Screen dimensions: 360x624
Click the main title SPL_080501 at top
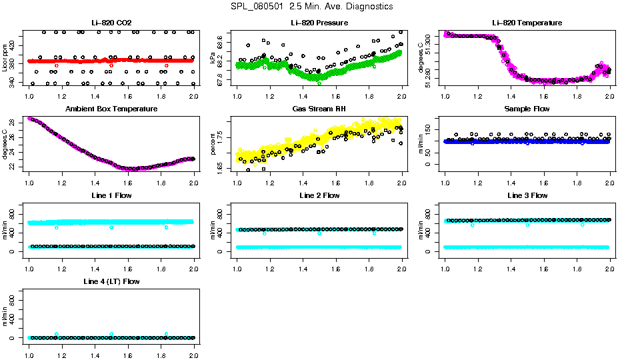[x=311, y=7]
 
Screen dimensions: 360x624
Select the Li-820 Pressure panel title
[x=319, y=23]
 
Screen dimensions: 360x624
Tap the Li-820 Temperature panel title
[x=527, y=23]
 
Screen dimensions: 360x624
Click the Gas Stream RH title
[x=319, y=109]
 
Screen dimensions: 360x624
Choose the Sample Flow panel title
[x=527, y=109]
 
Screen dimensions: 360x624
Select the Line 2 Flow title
[x=319, y=196]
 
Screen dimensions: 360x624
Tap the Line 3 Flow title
[x=527, y=196]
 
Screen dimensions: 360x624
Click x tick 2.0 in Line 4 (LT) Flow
[x=193, y=348]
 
